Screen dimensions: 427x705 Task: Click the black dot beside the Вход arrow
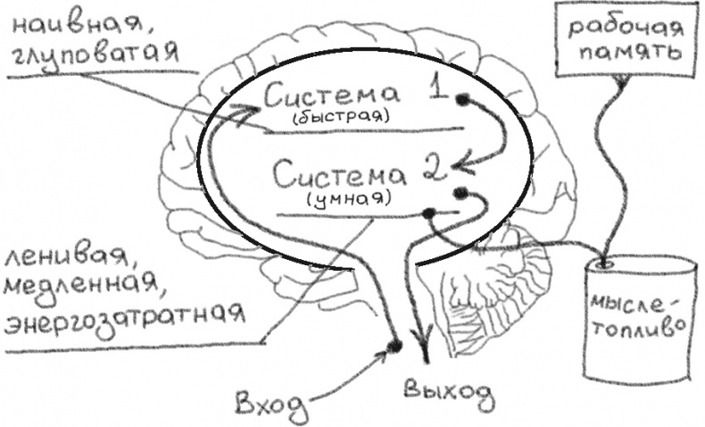tap(394, 345)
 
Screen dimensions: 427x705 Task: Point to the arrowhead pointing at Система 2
tap(459, 163)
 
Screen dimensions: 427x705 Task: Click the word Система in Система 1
tap(329, 92)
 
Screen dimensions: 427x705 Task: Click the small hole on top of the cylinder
tap(606, 264)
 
